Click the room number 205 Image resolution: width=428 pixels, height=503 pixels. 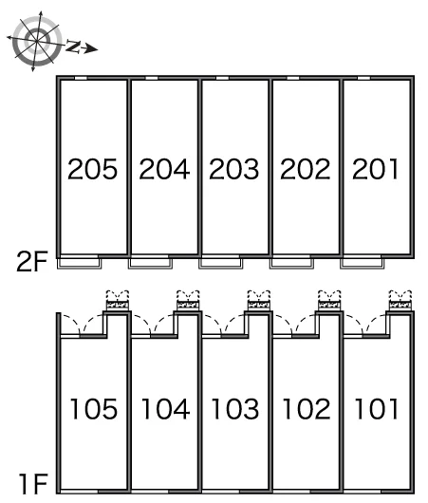tap(92, 169)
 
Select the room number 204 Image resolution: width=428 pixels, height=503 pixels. tap(164, 169)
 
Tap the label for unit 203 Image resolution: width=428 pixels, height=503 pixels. tap(233, 169)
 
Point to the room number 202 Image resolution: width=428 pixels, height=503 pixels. tap(306, 169)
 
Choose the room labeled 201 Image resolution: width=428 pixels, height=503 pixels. tap(376, 169)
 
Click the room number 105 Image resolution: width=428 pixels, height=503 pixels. tap(94, 409)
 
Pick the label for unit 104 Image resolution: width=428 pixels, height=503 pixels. tap(165, 409)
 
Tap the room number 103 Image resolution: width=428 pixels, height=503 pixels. tap(235, 409)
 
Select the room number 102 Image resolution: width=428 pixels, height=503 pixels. tap(307, 409)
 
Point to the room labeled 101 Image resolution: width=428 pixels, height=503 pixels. tap(377, 409)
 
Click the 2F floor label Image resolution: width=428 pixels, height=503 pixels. tap(31, 261)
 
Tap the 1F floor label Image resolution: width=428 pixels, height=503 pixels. tap(33, 484)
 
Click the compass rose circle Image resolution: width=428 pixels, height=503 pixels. tap(37, 42)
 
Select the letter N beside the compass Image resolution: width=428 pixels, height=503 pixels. tap(73, 47)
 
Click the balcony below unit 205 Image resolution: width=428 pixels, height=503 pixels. tap(80, 264)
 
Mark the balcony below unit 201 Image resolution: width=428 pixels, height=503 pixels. tap(363, 264)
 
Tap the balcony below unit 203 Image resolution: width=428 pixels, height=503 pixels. tap(221, 264)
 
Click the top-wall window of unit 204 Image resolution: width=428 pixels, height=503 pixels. tap(152, 78)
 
